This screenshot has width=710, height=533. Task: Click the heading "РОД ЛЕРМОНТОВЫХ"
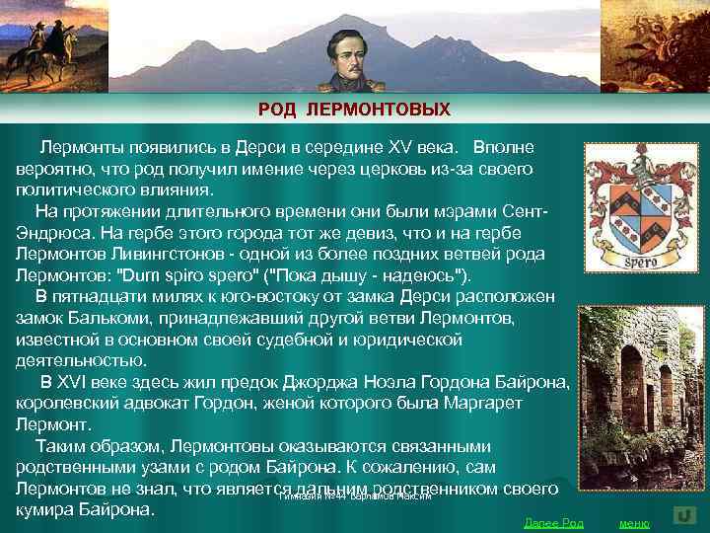click(354, 109)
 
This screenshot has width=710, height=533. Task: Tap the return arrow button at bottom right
click(685, 515)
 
